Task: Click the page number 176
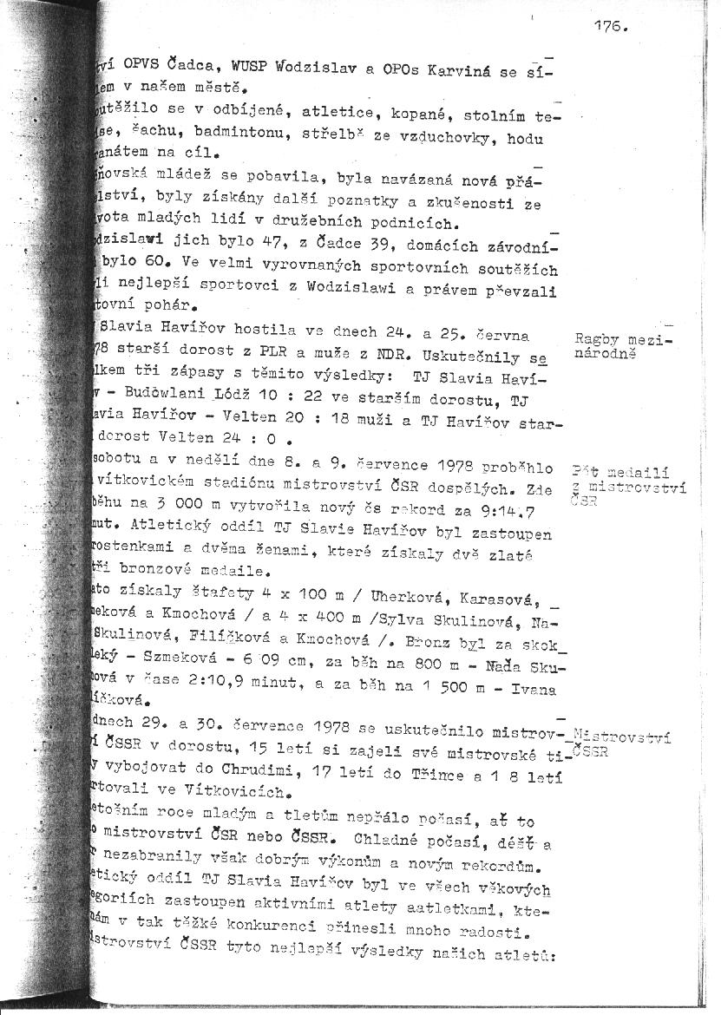coord(610,27)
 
